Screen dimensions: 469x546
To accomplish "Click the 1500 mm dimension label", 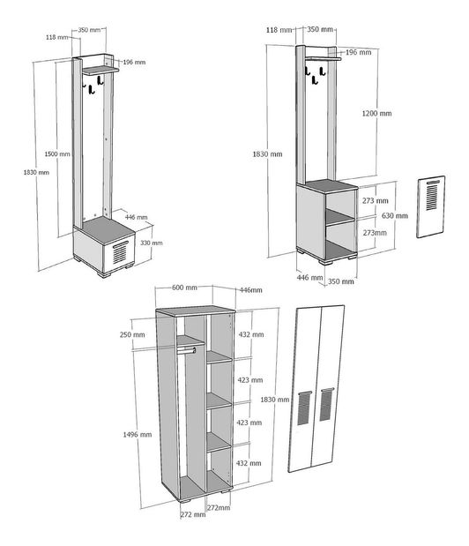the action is click(x=57, y=153).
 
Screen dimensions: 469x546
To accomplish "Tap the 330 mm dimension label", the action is click(x=152, y=243).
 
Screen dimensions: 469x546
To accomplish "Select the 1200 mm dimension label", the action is click(x=376, y=113).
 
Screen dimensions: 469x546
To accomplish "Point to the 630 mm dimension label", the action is click(x=395, y=215).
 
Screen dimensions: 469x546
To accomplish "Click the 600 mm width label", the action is click(x=184, y=288).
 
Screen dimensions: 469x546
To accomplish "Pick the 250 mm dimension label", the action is click(x=132, y=334).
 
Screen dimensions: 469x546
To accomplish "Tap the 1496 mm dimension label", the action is click(x=138, y=435).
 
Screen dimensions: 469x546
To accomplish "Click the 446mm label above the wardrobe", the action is click(x=251, y=290).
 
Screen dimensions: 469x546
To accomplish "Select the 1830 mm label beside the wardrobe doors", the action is click(x=275, y=400).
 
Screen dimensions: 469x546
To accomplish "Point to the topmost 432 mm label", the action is click(x=251, y=334).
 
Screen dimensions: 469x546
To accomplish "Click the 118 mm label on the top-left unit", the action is click(x=57, y=37).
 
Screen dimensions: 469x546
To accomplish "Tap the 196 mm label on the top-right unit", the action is click(x=358, y=52).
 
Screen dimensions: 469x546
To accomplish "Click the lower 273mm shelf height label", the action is click(x=375, y=233).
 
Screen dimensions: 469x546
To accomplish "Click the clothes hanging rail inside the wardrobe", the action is click(x=187, y=350).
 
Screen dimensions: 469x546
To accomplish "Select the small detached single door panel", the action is click(x=431, y=206).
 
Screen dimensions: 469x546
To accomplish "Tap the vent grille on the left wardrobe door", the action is click(x=304, y=408).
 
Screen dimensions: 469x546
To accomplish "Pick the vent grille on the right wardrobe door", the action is click(x=326, y=404).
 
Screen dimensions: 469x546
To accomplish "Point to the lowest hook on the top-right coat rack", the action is click(x=315, y=80).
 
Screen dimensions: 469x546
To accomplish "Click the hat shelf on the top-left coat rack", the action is click(x=100, y=71).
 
